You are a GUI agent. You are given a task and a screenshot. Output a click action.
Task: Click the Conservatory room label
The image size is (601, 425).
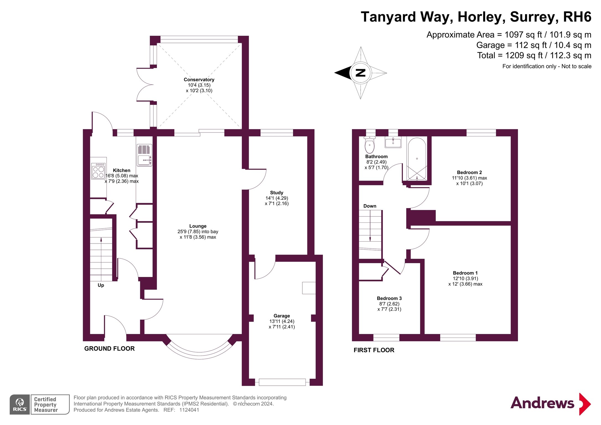(199, 80)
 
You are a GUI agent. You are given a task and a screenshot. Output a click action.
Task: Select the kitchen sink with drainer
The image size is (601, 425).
(144, 155)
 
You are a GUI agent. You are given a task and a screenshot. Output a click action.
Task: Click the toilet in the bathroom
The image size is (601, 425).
(369, 145)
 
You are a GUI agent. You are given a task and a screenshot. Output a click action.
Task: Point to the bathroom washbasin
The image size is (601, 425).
(393, 142)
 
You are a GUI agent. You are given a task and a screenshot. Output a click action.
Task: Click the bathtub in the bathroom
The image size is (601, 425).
(417, 159)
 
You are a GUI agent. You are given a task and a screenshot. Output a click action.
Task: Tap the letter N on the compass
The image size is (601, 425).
(361, 73)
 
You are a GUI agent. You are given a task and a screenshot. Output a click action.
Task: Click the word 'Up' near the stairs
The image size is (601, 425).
(101, 285)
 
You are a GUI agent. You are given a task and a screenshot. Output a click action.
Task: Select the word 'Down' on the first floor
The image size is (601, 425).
(370, 206)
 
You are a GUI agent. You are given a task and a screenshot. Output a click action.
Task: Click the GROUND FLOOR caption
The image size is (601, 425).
(109, 349)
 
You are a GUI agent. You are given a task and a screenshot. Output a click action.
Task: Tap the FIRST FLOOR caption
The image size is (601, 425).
(374, 350)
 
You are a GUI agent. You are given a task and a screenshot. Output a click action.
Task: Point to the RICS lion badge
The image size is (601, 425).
(20, 404)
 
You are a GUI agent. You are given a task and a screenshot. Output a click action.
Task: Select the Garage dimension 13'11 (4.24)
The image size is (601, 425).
(282, 321)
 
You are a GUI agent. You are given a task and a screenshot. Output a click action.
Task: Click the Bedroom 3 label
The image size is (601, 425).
(389, 298)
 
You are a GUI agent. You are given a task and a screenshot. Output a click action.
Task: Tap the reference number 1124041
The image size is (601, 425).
(189, 410)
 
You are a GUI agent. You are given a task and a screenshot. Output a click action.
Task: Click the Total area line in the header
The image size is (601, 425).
(534, 56)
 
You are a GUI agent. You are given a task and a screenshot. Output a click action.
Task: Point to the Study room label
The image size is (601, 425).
(276, 193)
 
